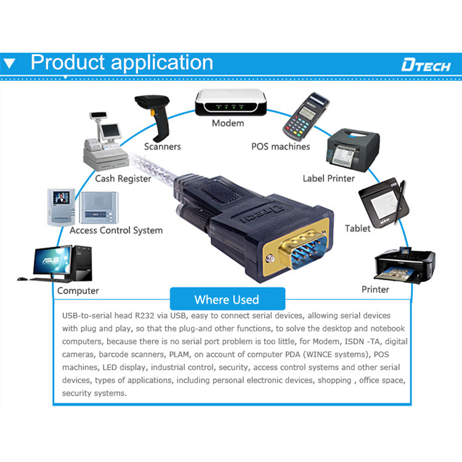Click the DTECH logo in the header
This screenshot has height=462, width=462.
[426, 65]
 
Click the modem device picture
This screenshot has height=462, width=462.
[231, 102]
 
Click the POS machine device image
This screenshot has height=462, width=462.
[304, 117]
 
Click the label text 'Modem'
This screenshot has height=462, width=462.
[228, 123]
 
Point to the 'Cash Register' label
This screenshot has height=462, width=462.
[123, 179]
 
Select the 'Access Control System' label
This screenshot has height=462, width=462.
[116, 230]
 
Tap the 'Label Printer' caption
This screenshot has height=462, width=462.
[328, 179]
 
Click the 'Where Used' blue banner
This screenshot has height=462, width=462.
[227, 300]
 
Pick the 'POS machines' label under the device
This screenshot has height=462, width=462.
[280, 147]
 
